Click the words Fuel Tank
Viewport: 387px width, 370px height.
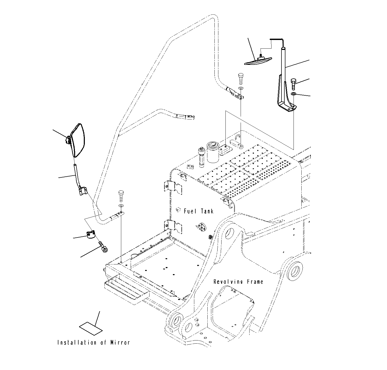pyautogui.click(x=198, y=211)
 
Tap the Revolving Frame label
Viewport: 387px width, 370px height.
pyautogui.click(x=238, y=282)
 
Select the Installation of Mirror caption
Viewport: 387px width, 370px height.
pyautogui.click(x=93, y=343)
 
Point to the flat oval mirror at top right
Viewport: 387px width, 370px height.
pyautogui.click(x=258, y=61)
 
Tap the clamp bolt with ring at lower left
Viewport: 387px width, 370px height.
pyautogui.click(x=103, y=247)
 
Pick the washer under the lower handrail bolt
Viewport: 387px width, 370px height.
pyautogui.click(x=121, y=206)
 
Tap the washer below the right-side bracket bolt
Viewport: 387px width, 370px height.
pyautogui.click(x=294, y=94)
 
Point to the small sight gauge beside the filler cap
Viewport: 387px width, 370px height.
pyautogui.click(x=202, y=157)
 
